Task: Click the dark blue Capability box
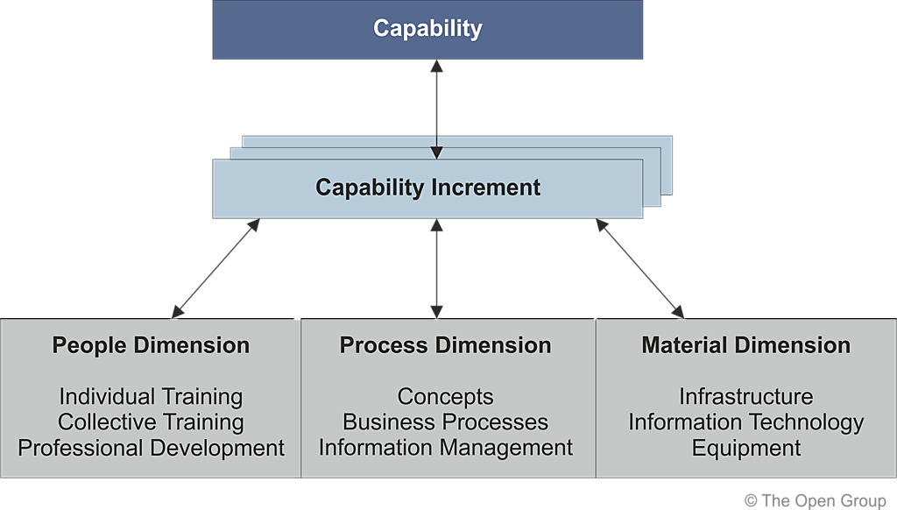[x=427, y=29]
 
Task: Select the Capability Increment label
[x=427, y=188]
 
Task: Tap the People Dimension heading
[x=151, y=345]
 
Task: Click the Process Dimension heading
[x=445, y=345]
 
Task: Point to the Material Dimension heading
[x=745, y=345]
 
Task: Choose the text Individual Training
[x=151, y=397]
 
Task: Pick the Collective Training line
[x=151, y=422]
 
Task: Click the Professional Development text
[x=151, y=448]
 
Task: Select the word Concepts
[x=445, y=397]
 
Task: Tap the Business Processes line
[x=445, y=422]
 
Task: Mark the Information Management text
[x=445, y=448]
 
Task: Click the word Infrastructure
[x=745, y=397]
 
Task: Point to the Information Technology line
[x=745, y=422]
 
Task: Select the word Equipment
[x=745, y=448]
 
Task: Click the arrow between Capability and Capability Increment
[x=436, y=110]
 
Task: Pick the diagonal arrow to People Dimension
[x=215, y=268]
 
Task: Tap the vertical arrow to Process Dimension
[x=436, y=268]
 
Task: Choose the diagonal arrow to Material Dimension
[x=639, y=268]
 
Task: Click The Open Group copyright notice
[x=815, y=500]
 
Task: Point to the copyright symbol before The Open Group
[x=751, y=500]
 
